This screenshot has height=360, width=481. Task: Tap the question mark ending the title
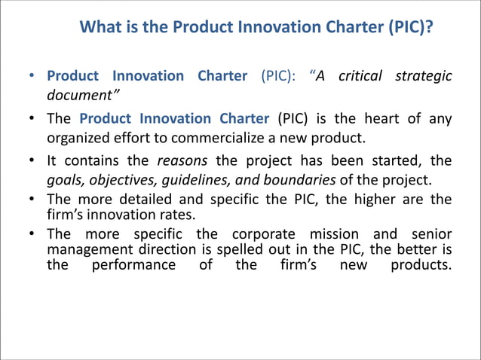pyautogui.click(x=429, y=29)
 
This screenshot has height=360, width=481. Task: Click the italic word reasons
pyautogui.click(x=182, y=160)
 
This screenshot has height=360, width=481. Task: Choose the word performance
pyautogui.click(x=133, y=264)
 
